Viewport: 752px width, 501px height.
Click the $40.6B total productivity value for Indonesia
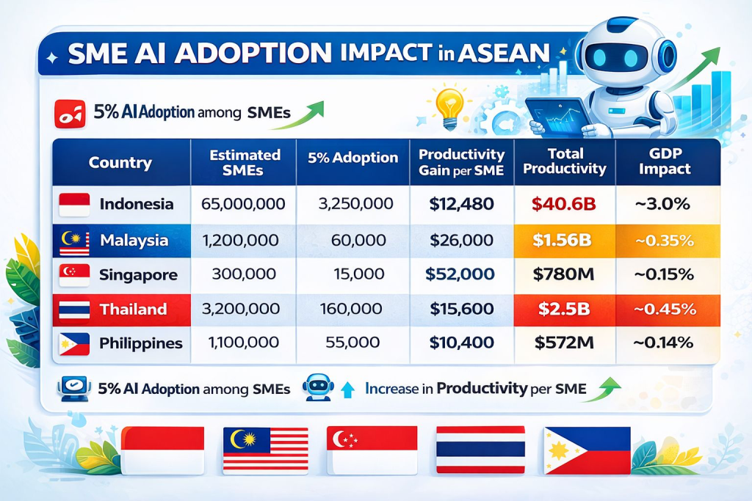coord(563,204)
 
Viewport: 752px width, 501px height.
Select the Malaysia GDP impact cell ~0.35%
coord(665,240)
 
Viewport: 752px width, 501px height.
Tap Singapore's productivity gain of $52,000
coord(460,274)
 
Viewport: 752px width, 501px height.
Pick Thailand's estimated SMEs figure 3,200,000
coord(241,309)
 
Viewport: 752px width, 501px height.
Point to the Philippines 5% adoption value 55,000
coord(352,343)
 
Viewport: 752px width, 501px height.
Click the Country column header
coord(120,163)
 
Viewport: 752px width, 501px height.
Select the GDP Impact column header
coord(665,161)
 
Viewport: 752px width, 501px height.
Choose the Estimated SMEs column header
coord(245,162)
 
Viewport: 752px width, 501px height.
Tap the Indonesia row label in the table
coord(136,204)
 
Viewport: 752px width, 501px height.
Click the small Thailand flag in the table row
coord(74,310)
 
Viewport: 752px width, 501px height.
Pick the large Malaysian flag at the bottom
coord(266,450)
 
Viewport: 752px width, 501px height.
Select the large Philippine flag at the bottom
coord(587,450)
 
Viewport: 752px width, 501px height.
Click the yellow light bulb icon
coord(449,107)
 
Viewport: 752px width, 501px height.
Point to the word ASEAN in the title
coord(503,53)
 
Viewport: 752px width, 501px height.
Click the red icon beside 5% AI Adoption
coord(70,114)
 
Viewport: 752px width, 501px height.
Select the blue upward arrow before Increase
coord(347,390)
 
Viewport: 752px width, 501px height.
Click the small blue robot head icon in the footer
coord(318,387)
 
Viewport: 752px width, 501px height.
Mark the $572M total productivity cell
coord(564,343)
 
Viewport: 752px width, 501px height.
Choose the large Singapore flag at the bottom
coord(372,450)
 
